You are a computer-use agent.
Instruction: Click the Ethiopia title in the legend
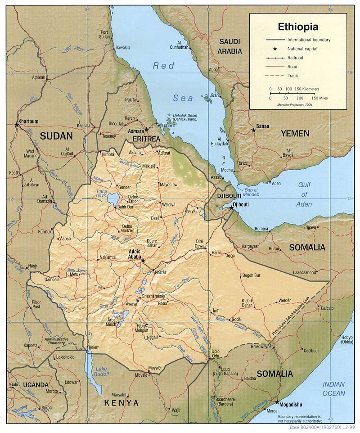point(298,27)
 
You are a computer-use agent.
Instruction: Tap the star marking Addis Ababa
point(143,261)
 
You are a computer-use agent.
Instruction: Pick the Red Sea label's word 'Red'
point(163,66)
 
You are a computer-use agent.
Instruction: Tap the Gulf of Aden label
point(305,194)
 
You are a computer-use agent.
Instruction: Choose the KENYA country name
point(121,402)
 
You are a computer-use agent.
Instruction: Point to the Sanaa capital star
point(253,130)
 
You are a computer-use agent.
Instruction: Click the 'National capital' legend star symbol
point(274,49)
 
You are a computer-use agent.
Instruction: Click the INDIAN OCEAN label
point(333,388)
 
